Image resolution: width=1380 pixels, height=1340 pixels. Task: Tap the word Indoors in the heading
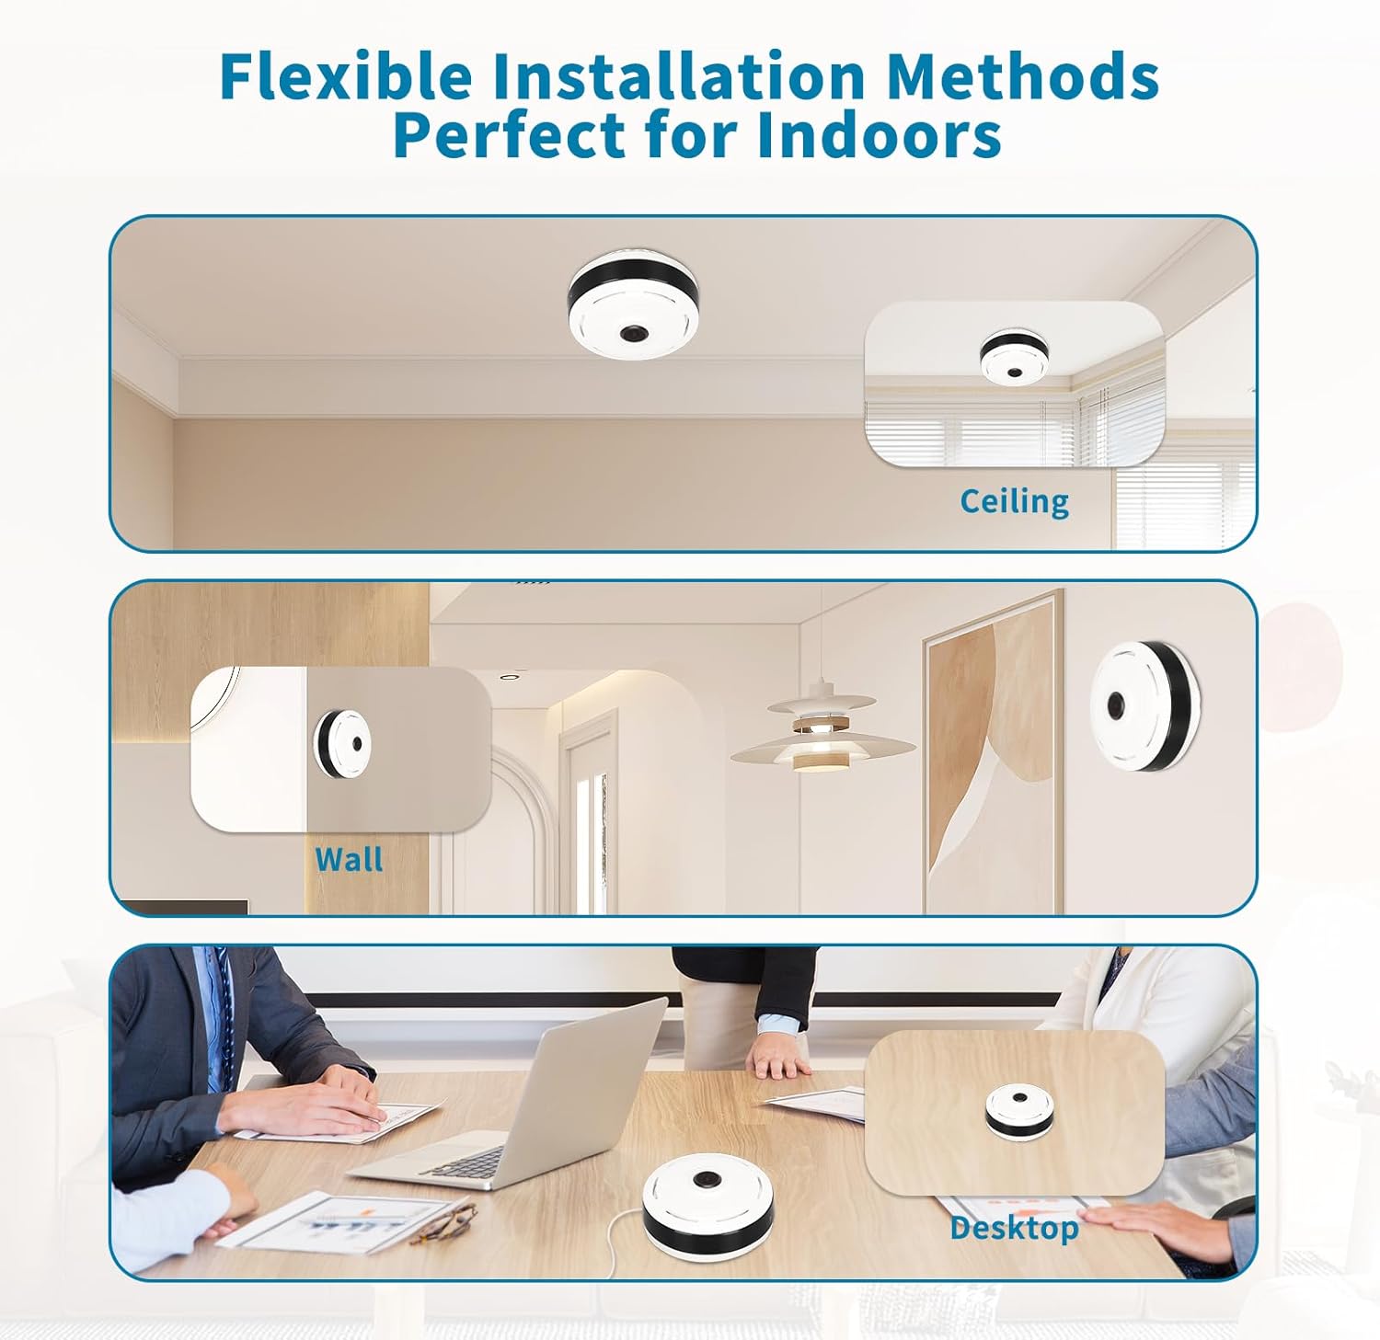[880, 135]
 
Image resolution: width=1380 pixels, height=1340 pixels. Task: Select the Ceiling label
[1014, 502]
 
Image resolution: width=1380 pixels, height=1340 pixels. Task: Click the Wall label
[349, 859]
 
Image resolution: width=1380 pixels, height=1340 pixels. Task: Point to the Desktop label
[1014, 1228]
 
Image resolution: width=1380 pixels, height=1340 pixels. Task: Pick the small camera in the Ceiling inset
[1014, 357]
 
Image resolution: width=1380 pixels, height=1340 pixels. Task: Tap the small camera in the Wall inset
[341, 743]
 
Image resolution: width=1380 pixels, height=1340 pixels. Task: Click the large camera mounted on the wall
[1144, 705]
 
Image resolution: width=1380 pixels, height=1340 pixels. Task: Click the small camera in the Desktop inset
[1019, 1110]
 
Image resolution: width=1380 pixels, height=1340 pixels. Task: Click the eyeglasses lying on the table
[443, 1220]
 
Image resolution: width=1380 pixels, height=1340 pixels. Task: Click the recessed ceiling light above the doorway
[508, 677]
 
